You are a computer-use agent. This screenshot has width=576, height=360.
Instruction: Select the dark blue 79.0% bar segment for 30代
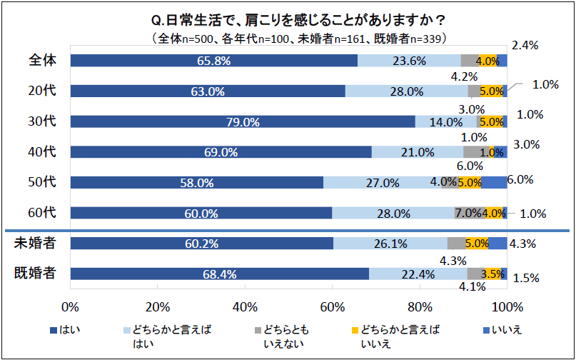(x=243, y=121)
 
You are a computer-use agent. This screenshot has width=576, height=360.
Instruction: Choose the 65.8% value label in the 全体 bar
(x=213, y=61)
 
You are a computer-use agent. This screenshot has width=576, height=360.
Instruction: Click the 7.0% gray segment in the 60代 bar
(x=468, y=213)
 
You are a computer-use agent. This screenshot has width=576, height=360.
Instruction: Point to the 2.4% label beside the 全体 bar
(x=525, y=45)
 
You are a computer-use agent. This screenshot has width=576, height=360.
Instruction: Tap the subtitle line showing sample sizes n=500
(x=288, y=37)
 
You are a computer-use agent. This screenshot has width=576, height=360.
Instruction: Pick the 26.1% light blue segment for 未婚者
(x=390, y=243)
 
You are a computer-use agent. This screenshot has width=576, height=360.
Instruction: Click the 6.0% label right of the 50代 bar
(x=520, y=180)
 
